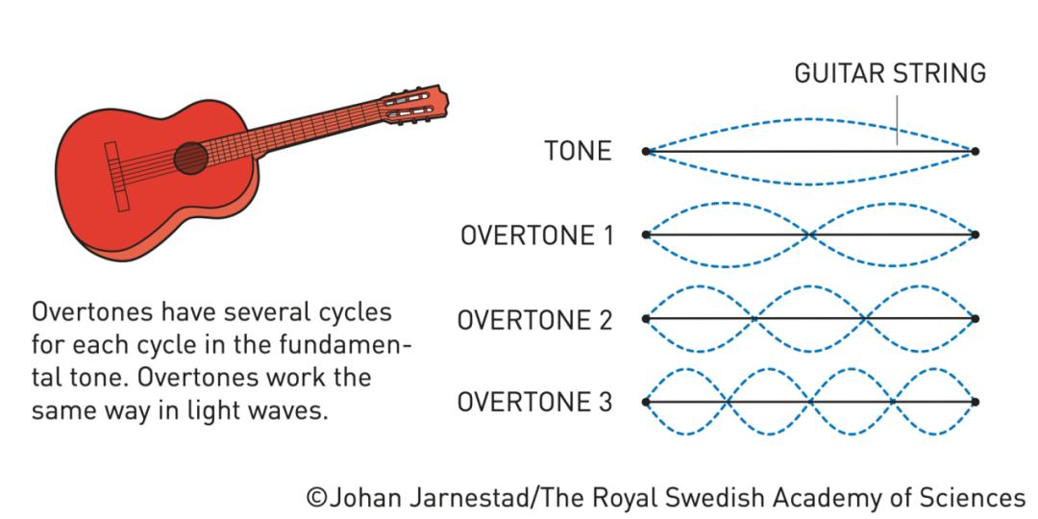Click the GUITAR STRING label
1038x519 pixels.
[890, 73]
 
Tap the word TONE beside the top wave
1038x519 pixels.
[578, 152]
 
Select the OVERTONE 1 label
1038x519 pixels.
[537, 235]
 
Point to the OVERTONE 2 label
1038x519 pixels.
[535, 320]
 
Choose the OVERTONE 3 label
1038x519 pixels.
[535, 403]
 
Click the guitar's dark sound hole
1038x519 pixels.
[190, 159]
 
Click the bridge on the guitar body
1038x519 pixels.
[116, 177]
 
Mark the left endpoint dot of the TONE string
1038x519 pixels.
[646, 152]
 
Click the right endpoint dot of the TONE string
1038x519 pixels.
[975, 152]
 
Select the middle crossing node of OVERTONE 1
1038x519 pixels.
[810, 235]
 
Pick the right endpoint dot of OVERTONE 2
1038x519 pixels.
[975, 318]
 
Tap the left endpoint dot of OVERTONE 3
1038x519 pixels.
[646, 402]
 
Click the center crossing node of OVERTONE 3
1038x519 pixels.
[810, 402]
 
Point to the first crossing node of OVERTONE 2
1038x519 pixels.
[755, 318]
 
